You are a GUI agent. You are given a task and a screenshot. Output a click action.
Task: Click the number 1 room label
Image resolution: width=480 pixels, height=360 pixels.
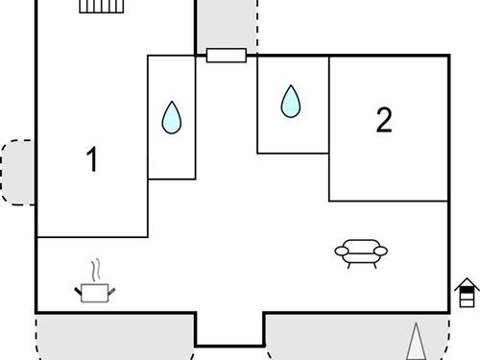coord(92,159)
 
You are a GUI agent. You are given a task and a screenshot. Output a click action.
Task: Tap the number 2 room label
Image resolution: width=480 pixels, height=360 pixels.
coord(384,120)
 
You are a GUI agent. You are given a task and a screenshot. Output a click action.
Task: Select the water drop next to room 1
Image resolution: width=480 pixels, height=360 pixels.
coord(172,117)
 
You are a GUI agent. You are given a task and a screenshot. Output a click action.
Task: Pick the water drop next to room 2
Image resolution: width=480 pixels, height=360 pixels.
coord(291,101)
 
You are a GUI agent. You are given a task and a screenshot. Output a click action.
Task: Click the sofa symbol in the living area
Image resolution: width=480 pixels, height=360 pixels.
coord(361,251)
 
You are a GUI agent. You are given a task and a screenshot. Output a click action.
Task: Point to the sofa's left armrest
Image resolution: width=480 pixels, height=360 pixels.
coord(341,252)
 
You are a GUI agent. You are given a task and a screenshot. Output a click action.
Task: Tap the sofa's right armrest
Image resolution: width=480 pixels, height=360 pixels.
coord(381,252)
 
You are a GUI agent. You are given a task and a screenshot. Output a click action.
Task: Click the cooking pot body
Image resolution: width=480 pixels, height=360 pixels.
coord(94,292)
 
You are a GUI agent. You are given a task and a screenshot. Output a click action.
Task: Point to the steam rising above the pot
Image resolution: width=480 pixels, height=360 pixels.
coord(94,268)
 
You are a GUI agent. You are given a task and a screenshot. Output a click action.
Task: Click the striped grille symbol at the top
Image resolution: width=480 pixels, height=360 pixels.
coord(102,7)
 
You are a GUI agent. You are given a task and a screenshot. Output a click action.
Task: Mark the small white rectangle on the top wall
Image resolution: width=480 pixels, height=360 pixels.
coord(227,56)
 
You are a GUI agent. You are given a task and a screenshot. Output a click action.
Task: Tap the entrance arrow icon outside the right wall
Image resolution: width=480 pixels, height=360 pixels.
coord(467,292)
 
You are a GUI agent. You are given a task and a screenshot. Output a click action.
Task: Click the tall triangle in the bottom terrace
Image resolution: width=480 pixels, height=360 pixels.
coord(416,342)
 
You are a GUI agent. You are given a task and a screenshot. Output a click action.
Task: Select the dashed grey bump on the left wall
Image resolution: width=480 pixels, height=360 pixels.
coord(18,171)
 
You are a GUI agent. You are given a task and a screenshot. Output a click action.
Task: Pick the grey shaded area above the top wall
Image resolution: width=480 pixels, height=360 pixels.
coord(227,23)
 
